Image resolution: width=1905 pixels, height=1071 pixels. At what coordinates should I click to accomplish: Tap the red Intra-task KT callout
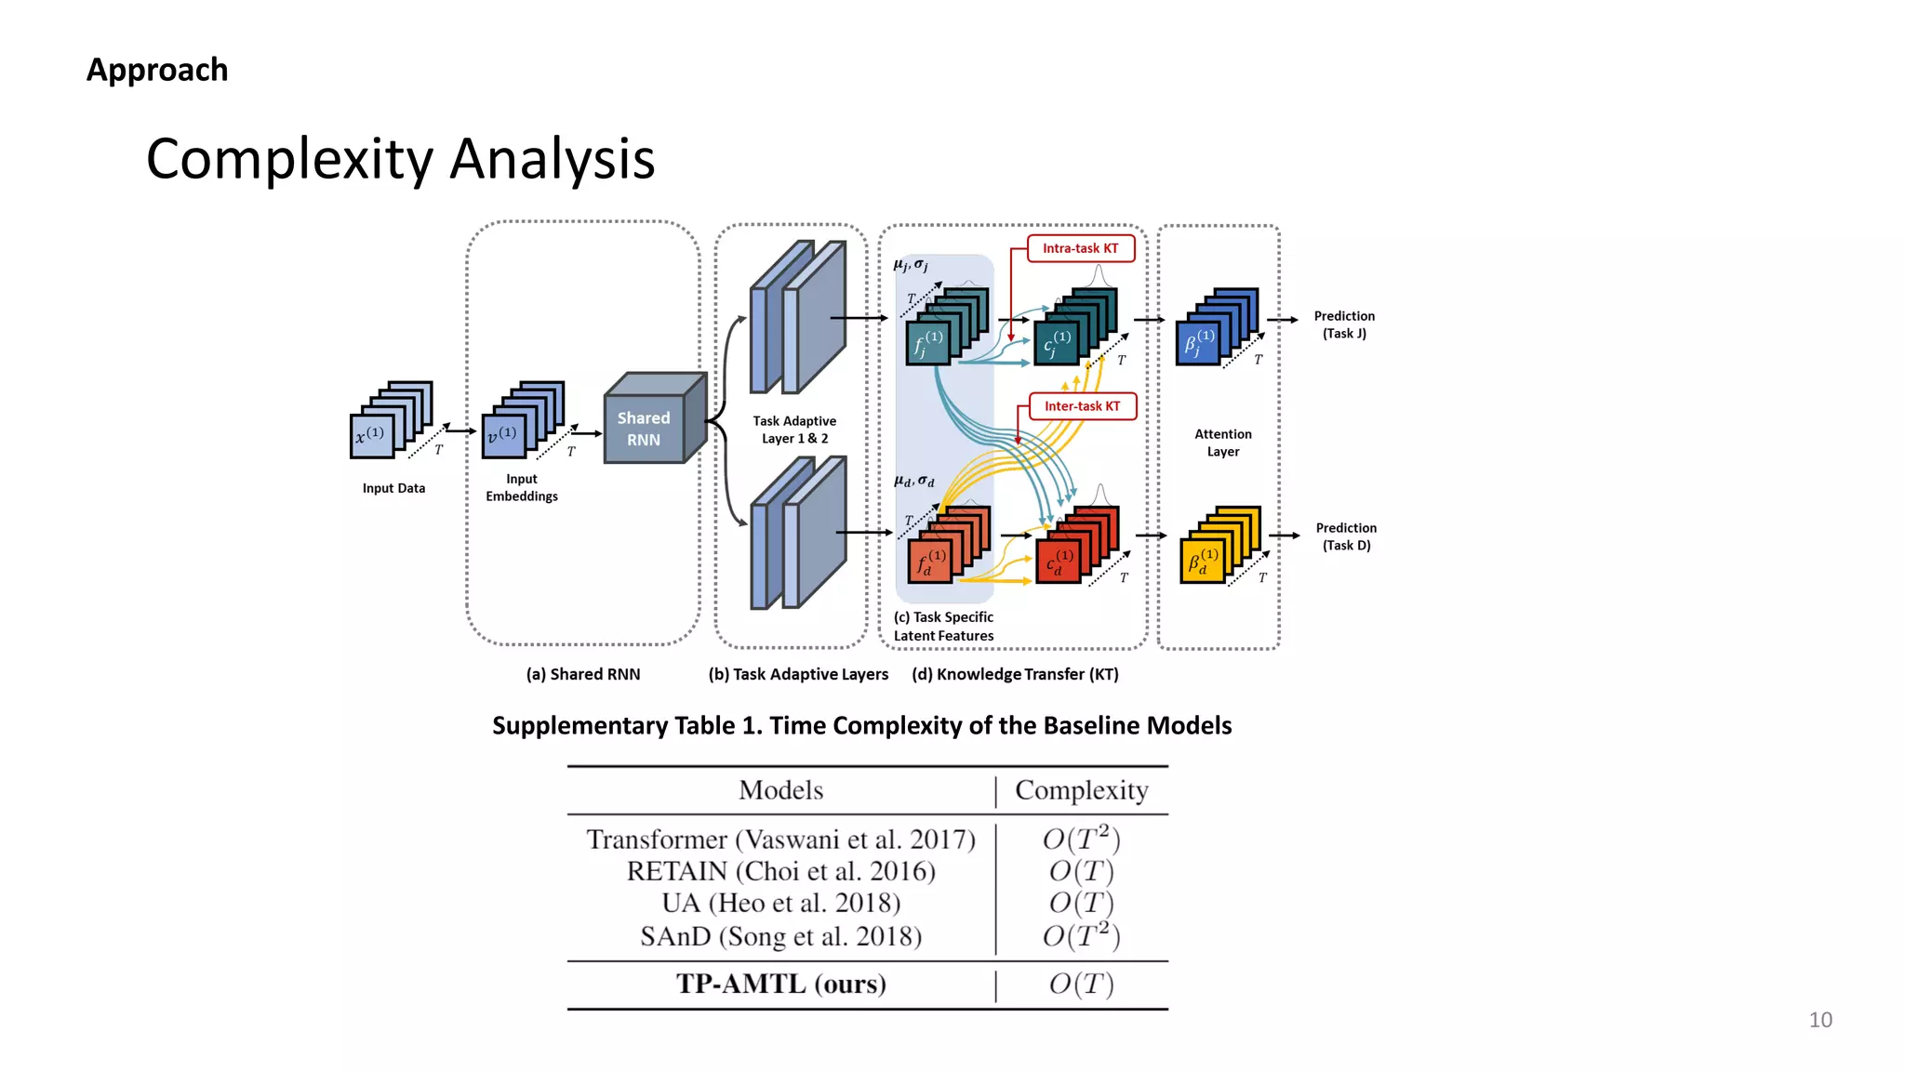1080,249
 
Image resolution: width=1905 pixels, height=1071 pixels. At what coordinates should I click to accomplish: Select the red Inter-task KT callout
1082,406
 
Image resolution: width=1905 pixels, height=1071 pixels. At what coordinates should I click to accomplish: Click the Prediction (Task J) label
1344,324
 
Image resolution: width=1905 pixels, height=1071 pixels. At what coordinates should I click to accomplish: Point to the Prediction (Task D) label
1346,536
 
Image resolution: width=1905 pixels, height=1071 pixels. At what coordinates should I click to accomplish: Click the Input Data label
393,488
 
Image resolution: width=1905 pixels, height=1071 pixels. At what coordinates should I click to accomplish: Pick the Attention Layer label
1222,443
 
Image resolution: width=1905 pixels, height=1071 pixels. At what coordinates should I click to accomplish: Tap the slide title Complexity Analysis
400,159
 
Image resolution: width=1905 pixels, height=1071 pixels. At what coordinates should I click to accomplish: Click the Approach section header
157,70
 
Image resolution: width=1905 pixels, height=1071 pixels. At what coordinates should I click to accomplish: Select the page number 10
1820,1020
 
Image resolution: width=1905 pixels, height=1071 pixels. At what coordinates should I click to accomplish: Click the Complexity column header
1081,790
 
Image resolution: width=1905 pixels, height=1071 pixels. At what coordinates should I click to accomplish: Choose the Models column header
780,790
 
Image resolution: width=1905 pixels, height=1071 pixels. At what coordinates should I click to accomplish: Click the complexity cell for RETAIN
1081,871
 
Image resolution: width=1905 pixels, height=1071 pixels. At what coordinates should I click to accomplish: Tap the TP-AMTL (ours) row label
780,984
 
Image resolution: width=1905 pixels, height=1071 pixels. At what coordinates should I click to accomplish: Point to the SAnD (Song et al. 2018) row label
780,936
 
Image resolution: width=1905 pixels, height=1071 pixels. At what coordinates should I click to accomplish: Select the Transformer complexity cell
1081,839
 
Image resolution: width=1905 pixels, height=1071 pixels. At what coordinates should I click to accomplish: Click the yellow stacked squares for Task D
1219,547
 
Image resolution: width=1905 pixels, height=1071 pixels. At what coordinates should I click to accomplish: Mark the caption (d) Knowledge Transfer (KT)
1015,674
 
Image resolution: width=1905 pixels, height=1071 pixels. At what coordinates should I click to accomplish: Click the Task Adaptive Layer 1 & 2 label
794,430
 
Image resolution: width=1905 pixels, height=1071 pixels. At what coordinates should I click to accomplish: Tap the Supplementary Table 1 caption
861,725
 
